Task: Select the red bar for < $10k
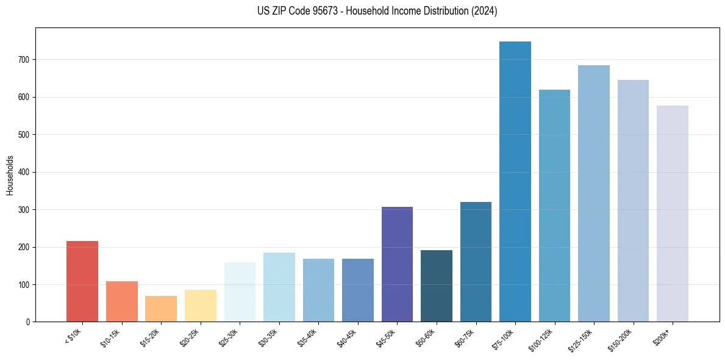coord(82,281)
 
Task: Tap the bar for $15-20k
coord(161,309)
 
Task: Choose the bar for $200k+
coord(673,214)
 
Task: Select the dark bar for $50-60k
coord(437,286)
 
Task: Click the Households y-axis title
coord(10,175)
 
